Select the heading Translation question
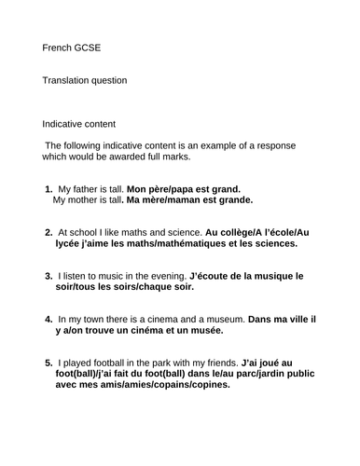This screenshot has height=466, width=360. [85, 80]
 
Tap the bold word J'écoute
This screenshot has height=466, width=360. [212, 276]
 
